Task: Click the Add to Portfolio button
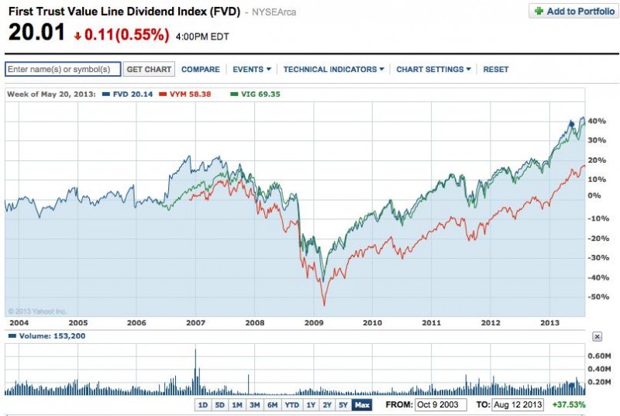(573, 12)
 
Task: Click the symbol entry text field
(63, 69)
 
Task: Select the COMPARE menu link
(200, 69)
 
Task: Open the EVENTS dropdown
(252, 69)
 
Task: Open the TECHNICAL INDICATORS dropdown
(334, 69)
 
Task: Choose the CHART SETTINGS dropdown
(433, 69)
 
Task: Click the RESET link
(496, 69)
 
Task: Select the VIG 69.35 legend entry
(257, 94)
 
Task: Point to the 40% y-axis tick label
(596, 122)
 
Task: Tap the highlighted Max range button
(361, 404)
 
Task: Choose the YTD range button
(292, 404)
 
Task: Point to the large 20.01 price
(34, 33)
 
